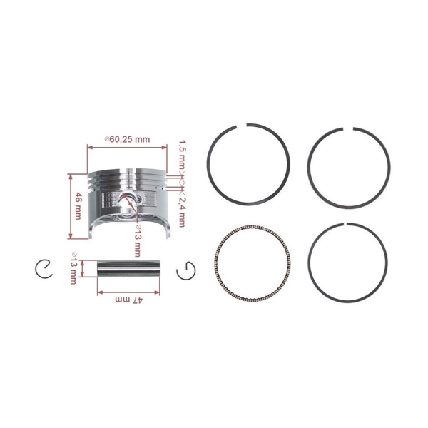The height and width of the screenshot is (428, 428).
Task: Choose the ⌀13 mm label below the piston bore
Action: [137, 241]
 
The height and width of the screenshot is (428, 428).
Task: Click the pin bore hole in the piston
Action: [128, 202]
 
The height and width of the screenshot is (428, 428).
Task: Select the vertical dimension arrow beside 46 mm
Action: [70, 207]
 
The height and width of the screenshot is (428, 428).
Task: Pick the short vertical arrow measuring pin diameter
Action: [83, 270]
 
